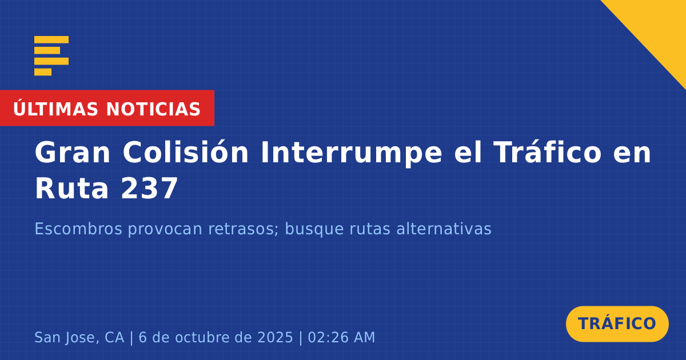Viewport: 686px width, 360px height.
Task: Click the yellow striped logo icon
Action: tap(51, 56)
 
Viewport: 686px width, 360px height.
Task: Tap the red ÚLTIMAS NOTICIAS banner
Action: tap(107, 108)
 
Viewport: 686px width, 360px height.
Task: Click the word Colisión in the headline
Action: tap(186, 153)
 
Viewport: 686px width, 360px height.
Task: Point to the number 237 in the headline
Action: tap(149, 189)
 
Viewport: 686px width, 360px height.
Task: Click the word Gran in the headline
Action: tap(73, 153)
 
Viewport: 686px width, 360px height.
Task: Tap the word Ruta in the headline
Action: tap(71, 189)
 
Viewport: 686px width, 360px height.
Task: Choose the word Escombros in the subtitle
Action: tap(78, 229)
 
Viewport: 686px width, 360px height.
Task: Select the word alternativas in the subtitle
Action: tap(444, 229)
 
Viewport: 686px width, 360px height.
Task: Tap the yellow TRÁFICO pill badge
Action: tap(617, 324)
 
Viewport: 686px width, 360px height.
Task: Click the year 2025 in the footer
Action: tap(276, 337)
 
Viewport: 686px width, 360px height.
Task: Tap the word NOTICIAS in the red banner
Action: tap(153, 109)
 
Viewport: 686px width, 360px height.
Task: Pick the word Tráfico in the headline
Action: tap(548, 153)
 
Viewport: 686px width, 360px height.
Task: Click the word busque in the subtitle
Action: tap(314, 229)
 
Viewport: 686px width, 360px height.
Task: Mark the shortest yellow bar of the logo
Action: tap(43, 72)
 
